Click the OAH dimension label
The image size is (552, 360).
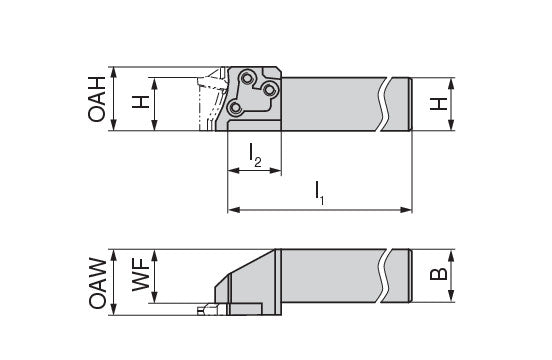point(97,99)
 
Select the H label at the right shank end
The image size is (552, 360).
point(439,104)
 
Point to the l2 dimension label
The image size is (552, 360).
point(255,155)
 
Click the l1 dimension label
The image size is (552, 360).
point(320,193)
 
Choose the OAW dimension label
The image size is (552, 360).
point(98,283)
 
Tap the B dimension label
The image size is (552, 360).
point(439,274)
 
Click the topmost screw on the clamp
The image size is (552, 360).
point(246,77)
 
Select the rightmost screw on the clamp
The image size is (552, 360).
point(269,90)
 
